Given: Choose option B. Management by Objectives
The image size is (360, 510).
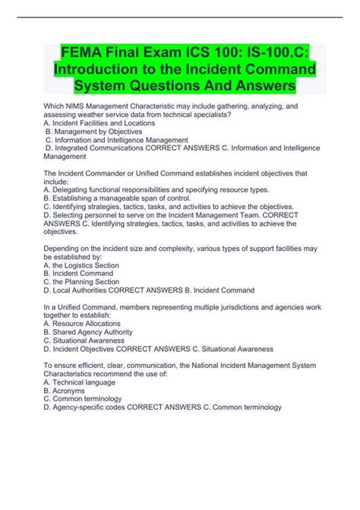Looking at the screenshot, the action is [93, 132].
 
